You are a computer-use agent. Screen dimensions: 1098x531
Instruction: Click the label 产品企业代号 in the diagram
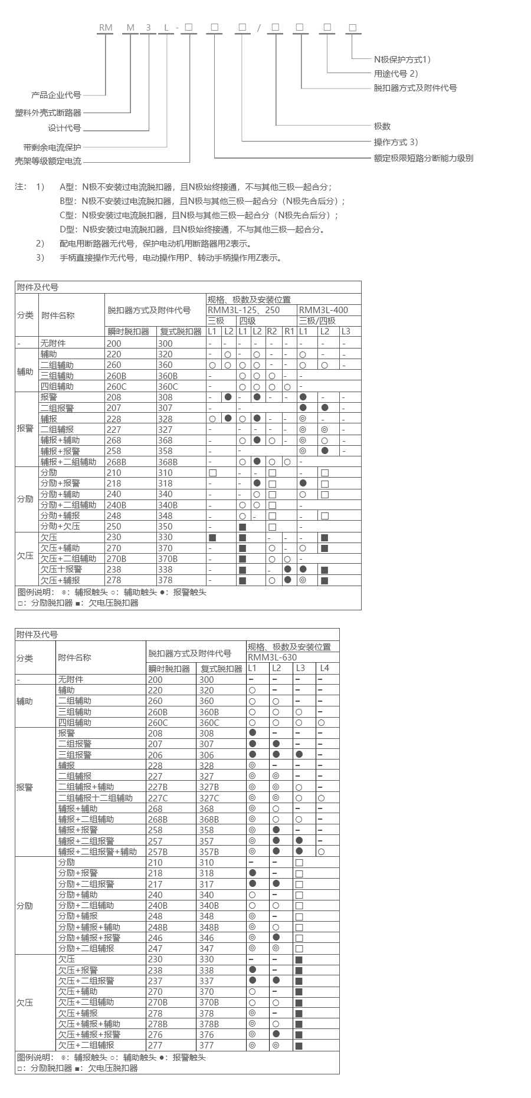click(56, 95)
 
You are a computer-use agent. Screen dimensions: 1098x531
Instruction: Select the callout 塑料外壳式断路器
click(48, 113)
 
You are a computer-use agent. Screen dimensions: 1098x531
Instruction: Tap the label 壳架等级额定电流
click(48, 161)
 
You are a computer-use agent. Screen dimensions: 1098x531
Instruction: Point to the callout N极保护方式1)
click(403, 59)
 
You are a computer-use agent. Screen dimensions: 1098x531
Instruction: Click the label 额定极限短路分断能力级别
click(424, 158)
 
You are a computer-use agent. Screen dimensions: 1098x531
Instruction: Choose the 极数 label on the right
click(382, 126)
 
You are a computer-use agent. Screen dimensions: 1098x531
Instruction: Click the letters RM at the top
click(106, 28)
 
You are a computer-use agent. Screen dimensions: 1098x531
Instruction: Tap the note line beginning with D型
click(192, 229)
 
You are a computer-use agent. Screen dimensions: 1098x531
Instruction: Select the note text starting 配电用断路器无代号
click(156, 244)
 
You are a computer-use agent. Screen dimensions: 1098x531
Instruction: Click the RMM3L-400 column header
click(323, 310)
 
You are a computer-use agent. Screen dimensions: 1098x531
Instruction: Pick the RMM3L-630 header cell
click(272, 658)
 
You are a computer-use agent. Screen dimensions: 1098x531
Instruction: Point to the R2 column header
click(272, 331)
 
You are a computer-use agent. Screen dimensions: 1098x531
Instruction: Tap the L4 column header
click(324, 668)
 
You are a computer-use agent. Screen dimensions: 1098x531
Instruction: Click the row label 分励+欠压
click(60, 526)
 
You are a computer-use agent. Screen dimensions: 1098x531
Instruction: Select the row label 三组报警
click(75, 755)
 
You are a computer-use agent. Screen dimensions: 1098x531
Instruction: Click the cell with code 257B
click(158, 852)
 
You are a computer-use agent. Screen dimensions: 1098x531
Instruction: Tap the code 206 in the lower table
click(155, 755)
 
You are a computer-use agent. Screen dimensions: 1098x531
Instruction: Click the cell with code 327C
click(209, 798)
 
